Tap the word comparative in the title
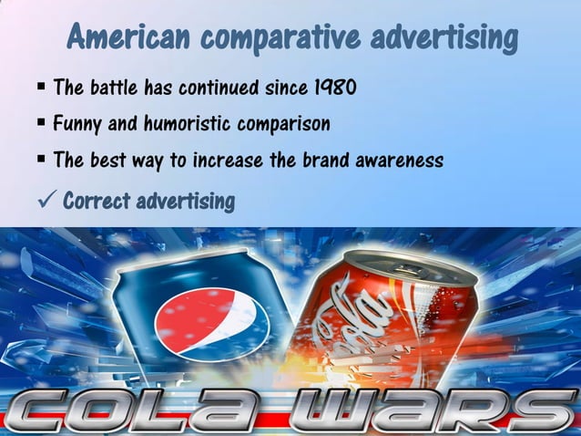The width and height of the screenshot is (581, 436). coord(271,37)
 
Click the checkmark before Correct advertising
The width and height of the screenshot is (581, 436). coord(46,200)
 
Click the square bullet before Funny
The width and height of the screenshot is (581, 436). coord(42,121)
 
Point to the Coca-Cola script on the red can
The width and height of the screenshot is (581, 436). coord(360,319)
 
